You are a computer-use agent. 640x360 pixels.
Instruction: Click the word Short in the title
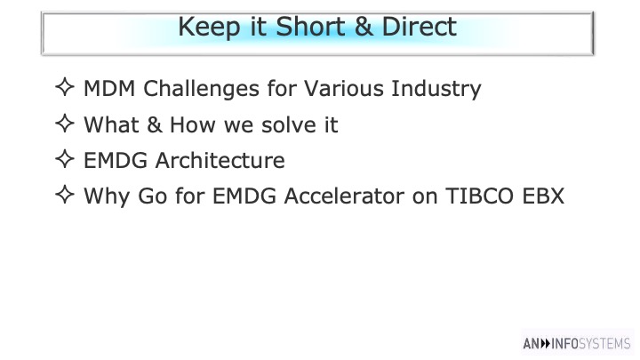[311, 27]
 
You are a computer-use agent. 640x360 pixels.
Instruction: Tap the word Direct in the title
[420, 27]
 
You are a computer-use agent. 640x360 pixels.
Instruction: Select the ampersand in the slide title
[364, 27]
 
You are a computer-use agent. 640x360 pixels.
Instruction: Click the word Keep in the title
[209, 28]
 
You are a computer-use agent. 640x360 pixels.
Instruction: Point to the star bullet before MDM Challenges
[65, 87]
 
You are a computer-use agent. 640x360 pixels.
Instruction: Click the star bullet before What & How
[65, 124]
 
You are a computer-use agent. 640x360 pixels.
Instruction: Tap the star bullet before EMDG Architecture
[65, 159]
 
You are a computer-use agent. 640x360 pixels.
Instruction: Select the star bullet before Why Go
[65, 195]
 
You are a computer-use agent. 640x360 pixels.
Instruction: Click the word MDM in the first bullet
[109, 89]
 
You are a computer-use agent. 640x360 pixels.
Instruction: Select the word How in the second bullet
[192, 125]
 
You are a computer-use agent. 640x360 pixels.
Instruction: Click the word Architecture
[220, 160]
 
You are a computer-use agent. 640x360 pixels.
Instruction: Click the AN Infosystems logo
[577, 344]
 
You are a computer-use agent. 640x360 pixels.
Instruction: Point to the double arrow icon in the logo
[546, 344]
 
